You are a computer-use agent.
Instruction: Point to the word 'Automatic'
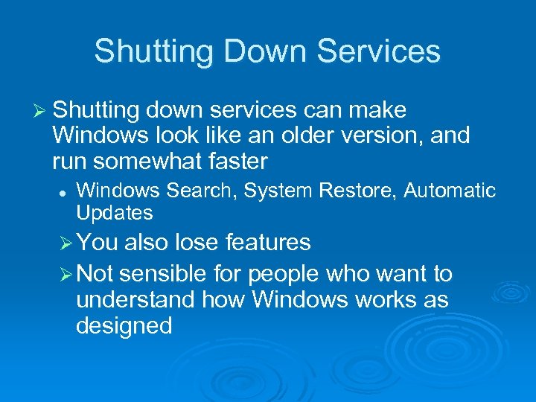[450, 191]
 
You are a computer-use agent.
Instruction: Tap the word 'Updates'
[114, 213]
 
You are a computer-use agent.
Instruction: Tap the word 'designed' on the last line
[124, 326]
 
